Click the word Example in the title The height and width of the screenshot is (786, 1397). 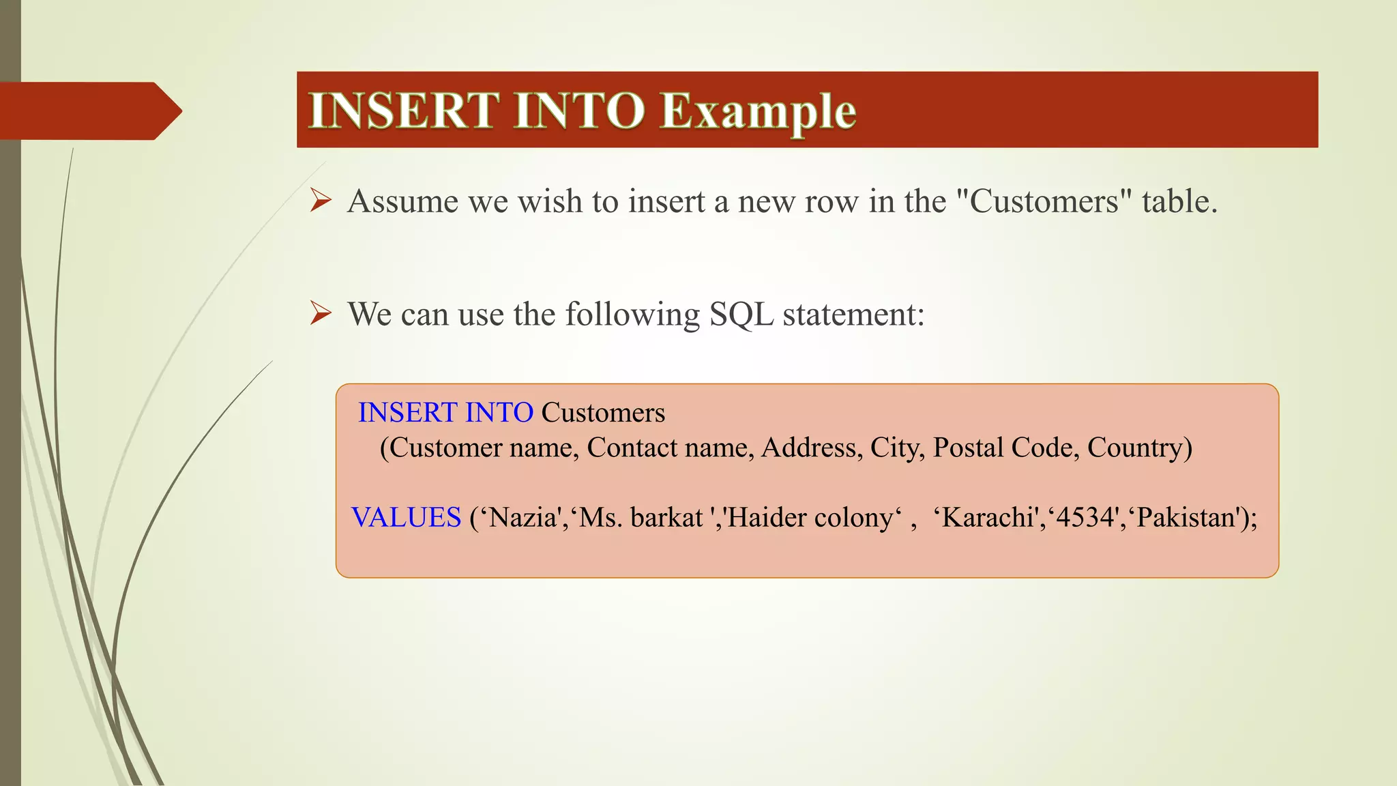point(758,111)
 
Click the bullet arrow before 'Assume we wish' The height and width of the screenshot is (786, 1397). point(320,201)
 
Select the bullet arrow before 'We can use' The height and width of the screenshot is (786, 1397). point(320,314)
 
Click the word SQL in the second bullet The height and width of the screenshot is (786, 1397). point(741,315)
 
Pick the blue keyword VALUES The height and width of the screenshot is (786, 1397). point(407,517)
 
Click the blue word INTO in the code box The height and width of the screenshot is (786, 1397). point(499,413)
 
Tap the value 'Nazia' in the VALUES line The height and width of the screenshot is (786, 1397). point(523,517)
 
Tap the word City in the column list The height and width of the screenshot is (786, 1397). point(894,448)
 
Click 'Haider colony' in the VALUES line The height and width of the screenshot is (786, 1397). point(810,517)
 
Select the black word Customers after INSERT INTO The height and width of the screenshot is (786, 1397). point(603,413)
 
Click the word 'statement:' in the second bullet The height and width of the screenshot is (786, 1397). point(853,315)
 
